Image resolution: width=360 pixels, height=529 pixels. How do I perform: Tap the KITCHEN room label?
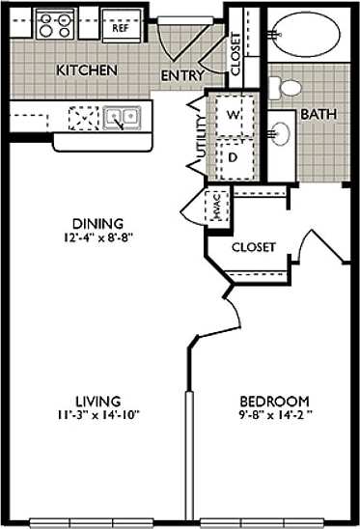tap(87, 71)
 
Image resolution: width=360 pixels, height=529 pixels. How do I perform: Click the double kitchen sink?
tap(122, 119)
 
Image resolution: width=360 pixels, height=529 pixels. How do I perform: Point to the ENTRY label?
tap(180, 75)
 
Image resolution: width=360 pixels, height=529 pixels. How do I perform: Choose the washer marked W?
tap(233, 115)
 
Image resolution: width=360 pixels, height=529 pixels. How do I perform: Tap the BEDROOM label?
tap(274, 402)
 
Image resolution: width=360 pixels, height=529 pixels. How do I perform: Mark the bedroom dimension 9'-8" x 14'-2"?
tap(275, 416)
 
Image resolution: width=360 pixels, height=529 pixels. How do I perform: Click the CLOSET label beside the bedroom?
tap(254, 247)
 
